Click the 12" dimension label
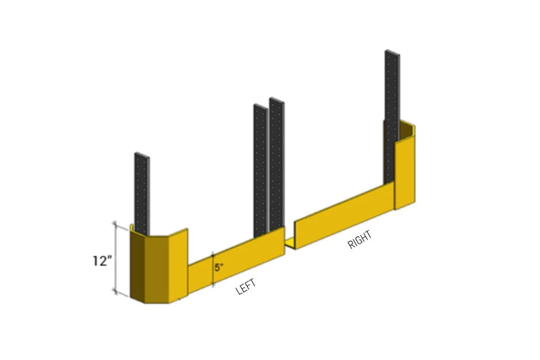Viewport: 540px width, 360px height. (102, 261)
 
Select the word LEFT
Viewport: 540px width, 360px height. (246, 287)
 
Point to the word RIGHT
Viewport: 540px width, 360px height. (360, 240)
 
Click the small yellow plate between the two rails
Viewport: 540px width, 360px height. (290, 243)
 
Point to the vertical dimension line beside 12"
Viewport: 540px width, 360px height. (116, 259)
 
